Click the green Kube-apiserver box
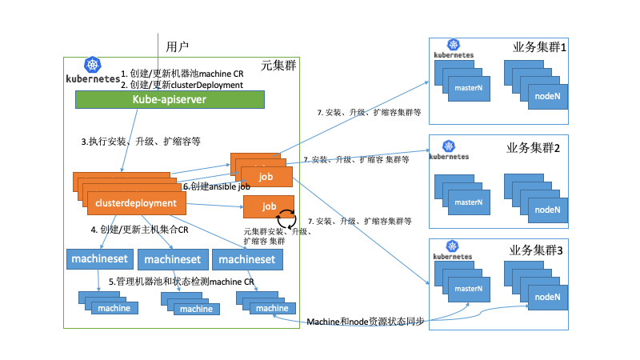[170, 100]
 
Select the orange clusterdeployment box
[136, 203]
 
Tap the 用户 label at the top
[177, 46]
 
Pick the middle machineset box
[173, 259]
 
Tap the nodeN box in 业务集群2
[546, 209]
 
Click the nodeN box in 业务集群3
[546, 297]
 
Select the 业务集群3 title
[536, 250]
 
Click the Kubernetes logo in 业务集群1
[454, 49]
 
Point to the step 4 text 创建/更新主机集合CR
[139, 230]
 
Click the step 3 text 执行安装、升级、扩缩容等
[141, 141]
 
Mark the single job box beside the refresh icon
[268, 206]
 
